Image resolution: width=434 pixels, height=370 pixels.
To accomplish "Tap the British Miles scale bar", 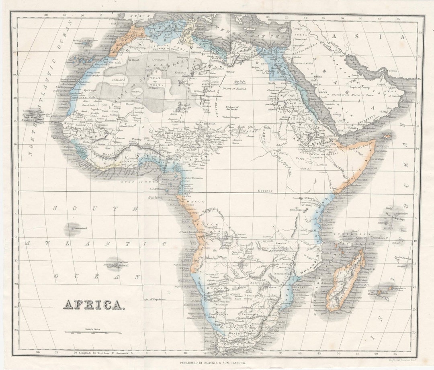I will (x=93, y=333).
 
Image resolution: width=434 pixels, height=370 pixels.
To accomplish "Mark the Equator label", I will (x=265, y=191).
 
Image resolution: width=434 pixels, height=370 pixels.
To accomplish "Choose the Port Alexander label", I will (x=181, y=264).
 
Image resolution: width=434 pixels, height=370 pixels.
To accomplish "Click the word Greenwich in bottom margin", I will (x=122, y=353).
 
